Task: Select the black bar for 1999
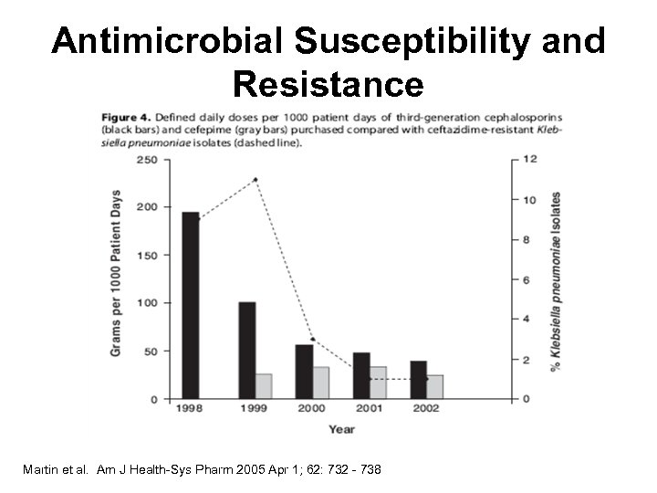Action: point(246,351)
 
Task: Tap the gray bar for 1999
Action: point(264,386)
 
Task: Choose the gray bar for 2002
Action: point(435,387)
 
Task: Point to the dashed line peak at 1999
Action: point(255,179)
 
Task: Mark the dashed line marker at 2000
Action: point(312,339)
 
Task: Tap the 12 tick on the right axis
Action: point(527,159)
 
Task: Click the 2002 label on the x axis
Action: point(425,409)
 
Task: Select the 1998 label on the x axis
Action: point(190,409)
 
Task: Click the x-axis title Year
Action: point(341,428)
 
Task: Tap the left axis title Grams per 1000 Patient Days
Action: point(117,279)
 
